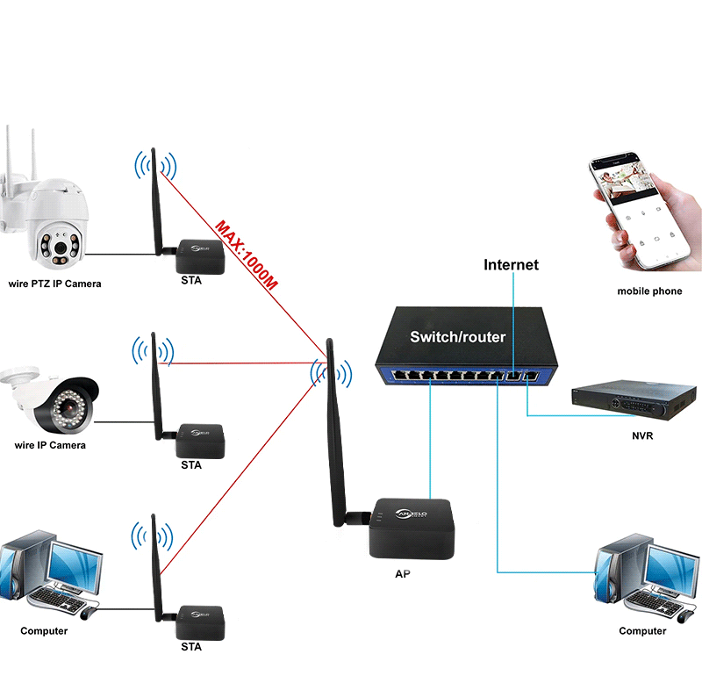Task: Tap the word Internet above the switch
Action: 512,264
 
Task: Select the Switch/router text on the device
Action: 458,336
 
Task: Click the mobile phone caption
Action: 648,291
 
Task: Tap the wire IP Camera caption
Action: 51,445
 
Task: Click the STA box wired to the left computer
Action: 200,622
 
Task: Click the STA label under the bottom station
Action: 190,647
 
